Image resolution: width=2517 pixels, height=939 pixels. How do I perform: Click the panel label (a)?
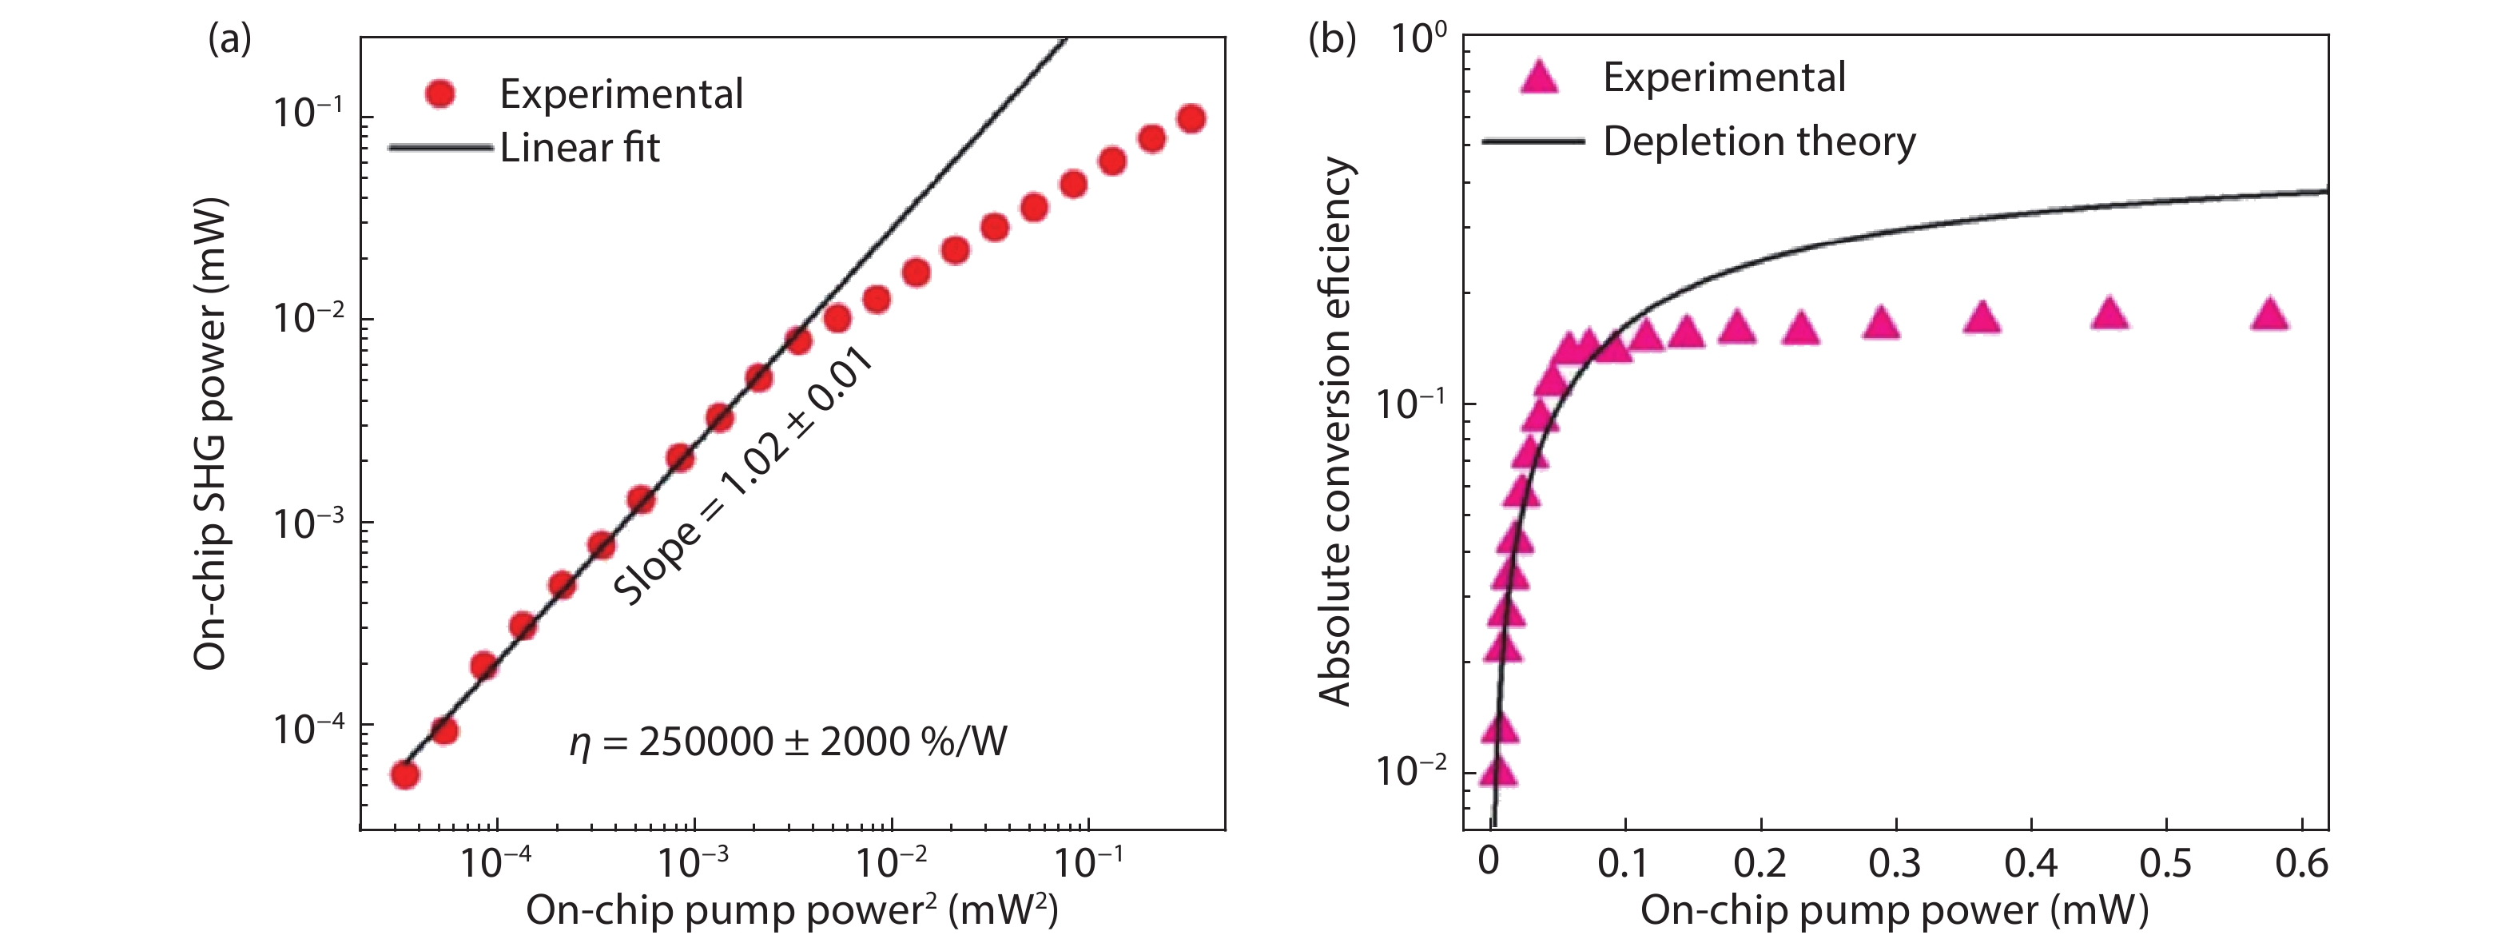[x=229, y=39]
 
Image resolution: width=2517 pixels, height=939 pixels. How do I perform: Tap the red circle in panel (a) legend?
[x=440, y=94]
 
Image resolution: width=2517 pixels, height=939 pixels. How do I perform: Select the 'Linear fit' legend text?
[x=579, y=149]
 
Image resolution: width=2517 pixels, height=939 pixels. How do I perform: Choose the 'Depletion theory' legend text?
[x=1759, y=141]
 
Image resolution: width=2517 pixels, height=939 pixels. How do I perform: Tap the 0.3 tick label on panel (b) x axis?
[x=1894, y=864]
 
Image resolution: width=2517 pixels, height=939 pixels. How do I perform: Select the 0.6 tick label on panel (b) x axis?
[x=2301, y=864]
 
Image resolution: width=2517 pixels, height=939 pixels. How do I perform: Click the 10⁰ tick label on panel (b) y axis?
[x=1417, y=39]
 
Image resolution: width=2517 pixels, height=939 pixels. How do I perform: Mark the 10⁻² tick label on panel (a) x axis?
[x=889, y=861]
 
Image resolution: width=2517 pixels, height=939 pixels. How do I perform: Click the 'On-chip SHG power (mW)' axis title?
[x=211, y=434]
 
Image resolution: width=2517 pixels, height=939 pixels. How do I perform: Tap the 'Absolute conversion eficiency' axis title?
[x=1334, y=431]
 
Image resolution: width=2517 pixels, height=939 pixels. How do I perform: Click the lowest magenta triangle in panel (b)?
[x=1497, y=773]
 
